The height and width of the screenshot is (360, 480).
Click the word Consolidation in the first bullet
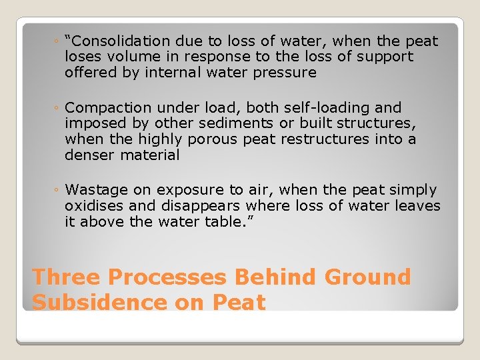coord(117,41)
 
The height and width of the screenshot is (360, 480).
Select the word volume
coord(133,57)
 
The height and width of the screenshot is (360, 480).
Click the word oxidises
coord(92,207)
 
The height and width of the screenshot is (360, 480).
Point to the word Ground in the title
coord(368,277)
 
